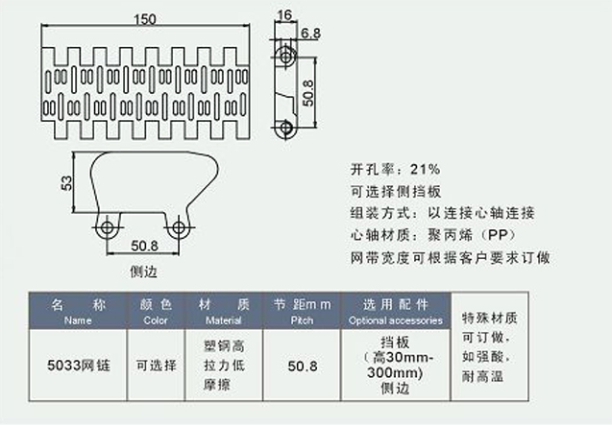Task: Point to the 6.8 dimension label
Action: (x=310, y=34)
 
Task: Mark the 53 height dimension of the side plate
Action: (x=65, y=182)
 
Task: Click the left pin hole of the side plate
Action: (x=108, y=227)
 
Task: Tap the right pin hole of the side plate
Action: (x=178, y=227)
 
